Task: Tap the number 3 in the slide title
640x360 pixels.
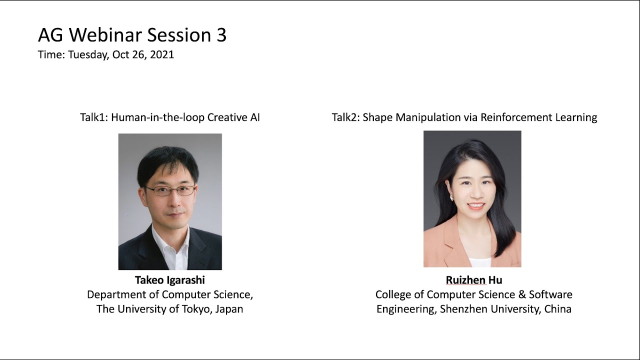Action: click(x=221, y=35)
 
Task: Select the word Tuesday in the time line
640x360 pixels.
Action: click(x=88, y=54)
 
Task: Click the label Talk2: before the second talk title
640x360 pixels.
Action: click(x=345, y=117)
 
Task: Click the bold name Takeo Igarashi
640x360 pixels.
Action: click(x=170, y=280)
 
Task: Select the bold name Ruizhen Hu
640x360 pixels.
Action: click(x=473, y=280)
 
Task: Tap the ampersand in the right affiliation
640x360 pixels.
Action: click(x=520, y=294)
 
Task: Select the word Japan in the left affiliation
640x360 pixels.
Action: click(x=229, y=309)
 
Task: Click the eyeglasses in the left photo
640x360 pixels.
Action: click(x=170, y=190)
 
